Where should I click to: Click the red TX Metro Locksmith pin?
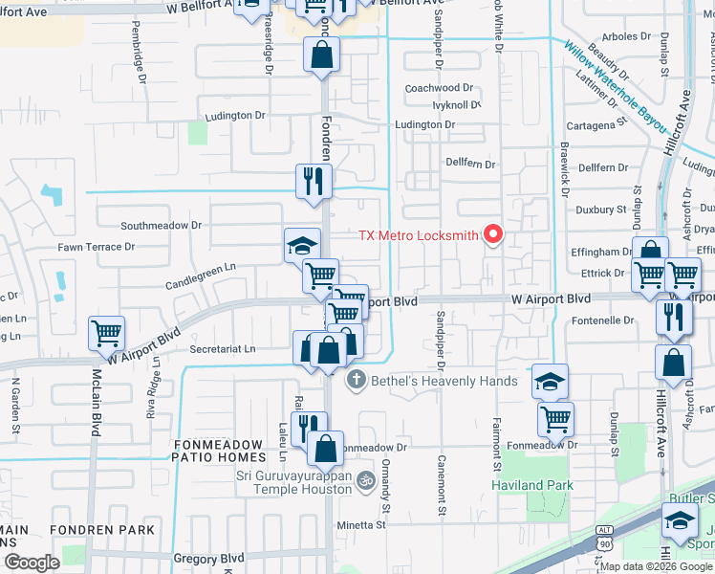point(494,233)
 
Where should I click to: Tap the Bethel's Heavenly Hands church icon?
point(357,381)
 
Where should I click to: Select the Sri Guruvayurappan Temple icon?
point(364,480)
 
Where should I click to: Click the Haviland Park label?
point(532,485)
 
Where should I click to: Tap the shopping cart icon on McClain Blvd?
point(106,334)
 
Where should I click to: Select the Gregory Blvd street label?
point(208,558)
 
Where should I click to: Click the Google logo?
point(32,563)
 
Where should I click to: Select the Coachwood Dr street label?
point(439,87)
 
